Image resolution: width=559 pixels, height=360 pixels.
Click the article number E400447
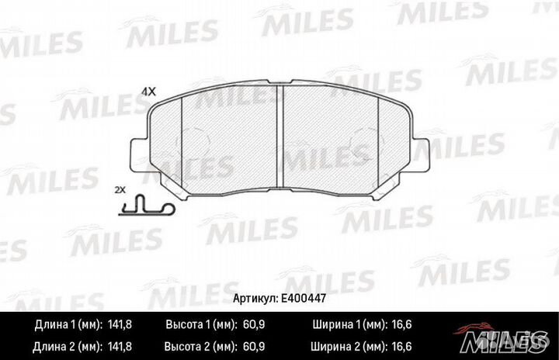click(304, 299)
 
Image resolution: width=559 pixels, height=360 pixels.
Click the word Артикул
click(255, 299)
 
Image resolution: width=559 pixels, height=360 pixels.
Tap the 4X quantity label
click(148, 92)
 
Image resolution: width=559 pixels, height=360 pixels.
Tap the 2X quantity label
click(120, 190)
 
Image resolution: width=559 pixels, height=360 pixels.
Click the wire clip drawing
click(146, 206)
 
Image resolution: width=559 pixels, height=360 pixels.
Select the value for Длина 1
click(120, 324)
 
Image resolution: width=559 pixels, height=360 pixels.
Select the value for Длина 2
click(120, 347)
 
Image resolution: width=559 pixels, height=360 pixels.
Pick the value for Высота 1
click(253, 324)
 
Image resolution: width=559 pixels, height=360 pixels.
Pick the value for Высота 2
click(253, 347)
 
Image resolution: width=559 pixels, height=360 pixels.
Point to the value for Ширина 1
click(401, 324)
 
